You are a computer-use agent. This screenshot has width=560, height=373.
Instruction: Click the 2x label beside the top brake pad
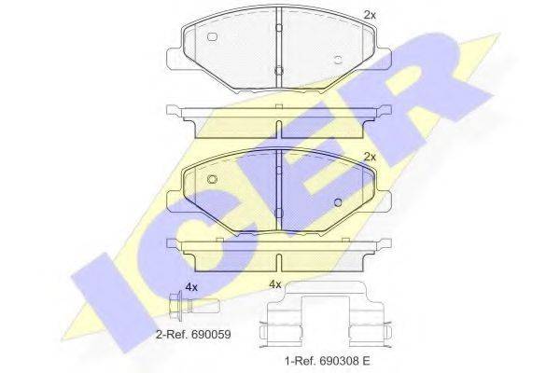(x=370, y=15)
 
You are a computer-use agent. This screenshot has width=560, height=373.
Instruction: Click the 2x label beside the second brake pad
(x=370, y=157)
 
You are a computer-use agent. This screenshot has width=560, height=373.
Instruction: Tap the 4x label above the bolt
(x=191, y=287)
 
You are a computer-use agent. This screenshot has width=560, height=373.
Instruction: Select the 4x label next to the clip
(x=275, y=284)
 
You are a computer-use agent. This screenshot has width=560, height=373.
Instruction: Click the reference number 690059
(x=211, y=335)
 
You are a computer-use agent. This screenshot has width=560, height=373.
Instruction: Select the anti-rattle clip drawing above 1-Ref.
(x=327, y=314)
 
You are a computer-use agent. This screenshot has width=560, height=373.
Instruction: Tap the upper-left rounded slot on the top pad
(x=212, y=36)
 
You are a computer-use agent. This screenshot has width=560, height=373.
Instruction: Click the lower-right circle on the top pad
(x=338, y=60)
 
